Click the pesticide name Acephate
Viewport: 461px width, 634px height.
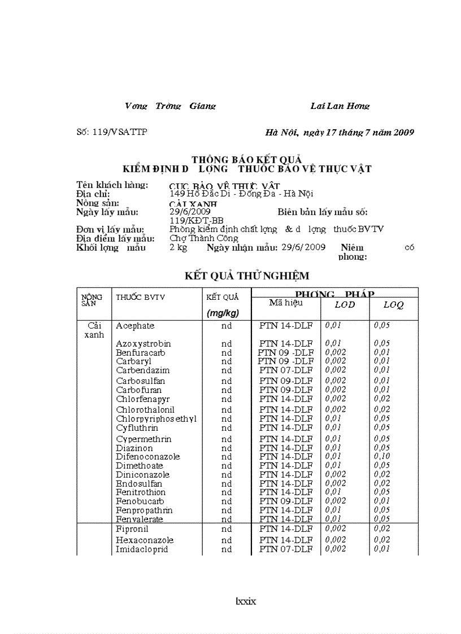point(135,326)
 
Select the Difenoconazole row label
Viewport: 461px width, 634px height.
point(148,457)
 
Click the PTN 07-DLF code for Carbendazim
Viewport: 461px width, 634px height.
point(285,370)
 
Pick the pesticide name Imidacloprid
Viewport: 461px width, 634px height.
point(142,549)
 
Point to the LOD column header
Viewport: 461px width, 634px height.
point(345,304)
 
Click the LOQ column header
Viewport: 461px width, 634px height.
point(394,304)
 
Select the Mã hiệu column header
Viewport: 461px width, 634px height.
point(285,303)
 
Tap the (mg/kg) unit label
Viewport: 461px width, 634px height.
point(223,313)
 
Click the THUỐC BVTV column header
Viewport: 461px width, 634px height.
point(140,297)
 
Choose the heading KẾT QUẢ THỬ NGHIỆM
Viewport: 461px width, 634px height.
point(247,276)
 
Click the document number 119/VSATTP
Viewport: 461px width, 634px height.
point(112,132)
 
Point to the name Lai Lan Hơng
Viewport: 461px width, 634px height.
point(340,106)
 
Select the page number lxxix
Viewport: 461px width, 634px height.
point(246,601)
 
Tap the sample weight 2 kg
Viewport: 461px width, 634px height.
point(178,247)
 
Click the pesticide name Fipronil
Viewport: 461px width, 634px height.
point(133,530)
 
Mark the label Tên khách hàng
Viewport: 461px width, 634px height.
point(112,185)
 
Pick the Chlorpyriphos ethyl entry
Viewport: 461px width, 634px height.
point(156,419)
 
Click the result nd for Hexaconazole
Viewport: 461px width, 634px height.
point(227,540)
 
